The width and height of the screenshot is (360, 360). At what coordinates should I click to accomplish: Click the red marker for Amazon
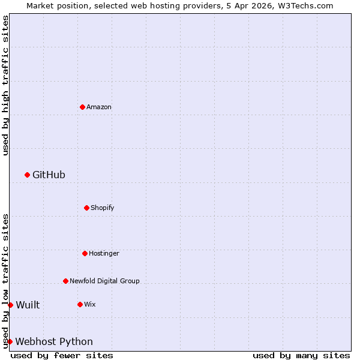82,107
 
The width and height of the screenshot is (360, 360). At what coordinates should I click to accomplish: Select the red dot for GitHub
27,175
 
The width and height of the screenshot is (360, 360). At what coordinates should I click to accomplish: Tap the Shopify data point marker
86,208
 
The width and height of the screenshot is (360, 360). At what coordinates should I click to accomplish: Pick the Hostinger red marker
85,253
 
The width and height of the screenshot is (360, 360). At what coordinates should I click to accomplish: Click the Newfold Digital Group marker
65,281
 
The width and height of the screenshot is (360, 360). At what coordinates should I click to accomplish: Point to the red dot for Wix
80,304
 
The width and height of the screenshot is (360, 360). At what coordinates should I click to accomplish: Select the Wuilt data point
10,305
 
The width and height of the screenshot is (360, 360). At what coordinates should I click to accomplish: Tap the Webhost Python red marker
10,341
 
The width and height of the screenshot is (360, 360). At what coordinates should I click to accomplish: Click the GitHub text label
49,175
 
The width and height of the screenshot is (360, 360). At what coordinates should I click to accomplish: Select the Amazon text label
99,107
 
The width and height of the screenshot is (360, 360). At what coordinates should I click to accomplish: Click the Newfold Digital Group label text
104,281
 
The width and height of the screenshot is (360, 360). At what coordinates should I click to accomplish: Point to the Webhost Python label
54,341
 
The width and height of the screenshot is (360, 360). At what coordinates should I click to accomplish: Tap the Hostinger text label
104,253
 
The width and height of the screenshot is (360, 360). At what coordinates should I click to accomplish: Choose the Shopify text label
102,208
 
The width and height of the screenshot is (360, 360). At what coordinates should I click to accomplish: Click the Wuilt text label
28,305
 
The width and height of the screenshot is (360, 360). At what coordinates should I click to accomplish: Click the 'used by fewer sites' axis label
62,355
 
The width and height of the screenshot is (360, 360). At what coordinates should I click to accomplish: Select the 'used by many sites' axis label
301,355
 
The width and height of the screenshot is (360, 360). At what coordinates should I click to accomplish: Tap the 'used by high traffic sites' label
5,85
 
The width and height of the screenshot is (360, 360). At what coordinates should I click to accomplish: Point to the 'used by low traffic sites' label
5,280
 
